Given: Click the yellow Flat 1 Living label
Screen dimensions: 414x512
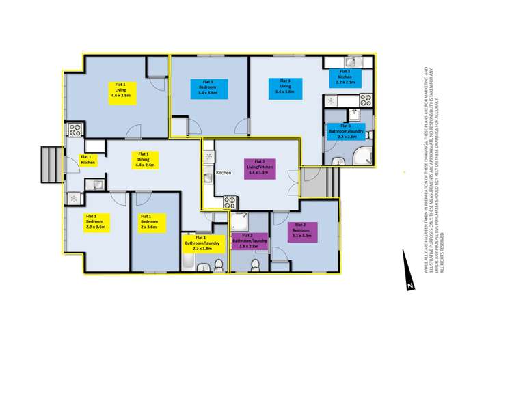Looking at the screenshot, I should coord(124,91).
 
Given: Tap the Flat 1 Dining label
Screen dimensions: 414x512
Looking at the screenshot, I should coord(144,159).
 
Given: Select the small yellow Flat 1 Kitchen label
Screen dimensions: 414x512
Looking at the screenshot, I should coord(89,160).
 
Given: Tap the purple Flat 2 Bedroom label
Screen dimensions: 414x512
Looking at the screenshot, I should coord(299,232).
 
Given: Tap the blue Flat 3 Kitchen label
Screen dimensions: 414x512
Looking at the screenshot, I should coord(344,75).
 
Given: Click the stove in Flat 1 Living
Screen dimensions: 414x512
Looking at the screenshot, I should coord(74,128).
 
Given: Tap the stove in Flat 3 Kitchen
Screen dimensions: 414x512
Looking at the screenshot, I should coord(366,99).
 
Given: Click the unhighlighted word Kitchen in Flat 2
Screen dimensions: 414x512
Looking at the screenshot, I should coord(225,174).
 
